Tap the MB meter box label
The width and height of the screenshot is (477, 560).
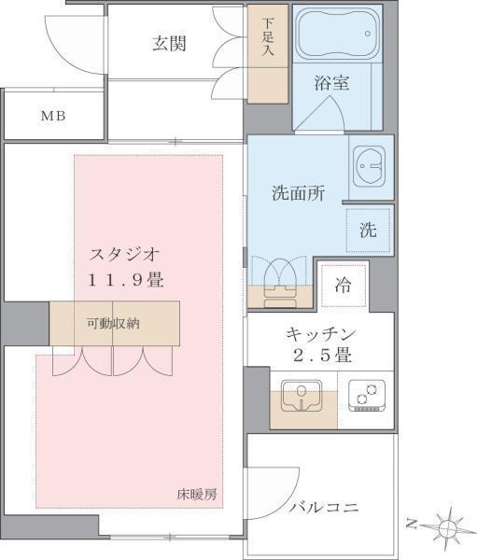coord(52,117)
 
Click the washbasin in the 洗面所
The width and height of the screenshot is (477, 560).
coord(371,167)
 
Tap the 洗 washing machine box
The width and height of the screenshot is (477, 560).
coord(369,231)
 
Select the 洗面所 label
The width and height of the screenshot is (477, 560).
coord(298,194)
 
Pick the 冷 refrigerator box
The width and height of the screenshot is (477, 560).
coord(344,286)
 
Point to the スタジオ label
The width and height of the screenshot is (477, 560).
coord(126,253)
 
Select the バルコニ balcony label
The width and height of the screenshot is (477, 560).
coord(323,508)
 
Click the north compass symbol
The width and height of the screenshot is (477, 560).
coord(448,528)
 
